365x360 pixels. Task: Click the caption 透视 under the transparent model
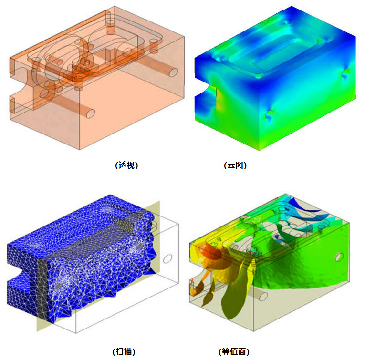coord(126,165)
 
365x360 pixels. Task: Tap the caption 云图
coord(235,165)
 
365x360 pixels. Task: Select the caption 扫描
coord(124,351)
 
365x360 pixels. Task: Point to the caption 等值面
coord(234,351)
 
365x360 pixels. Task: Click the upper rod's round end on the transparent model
coord(173,72)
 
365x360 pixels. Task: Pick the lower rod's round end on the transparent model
coord(91,113)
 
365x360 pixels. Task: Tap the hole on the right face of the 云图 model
coord(346,73)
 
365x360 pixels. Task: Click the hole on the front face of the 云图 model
coord(269,114)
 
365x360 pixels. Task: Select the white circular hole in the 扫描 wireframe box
coord(167,258)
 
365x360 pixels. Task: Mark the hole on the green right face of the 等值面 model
coord(339,257)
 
